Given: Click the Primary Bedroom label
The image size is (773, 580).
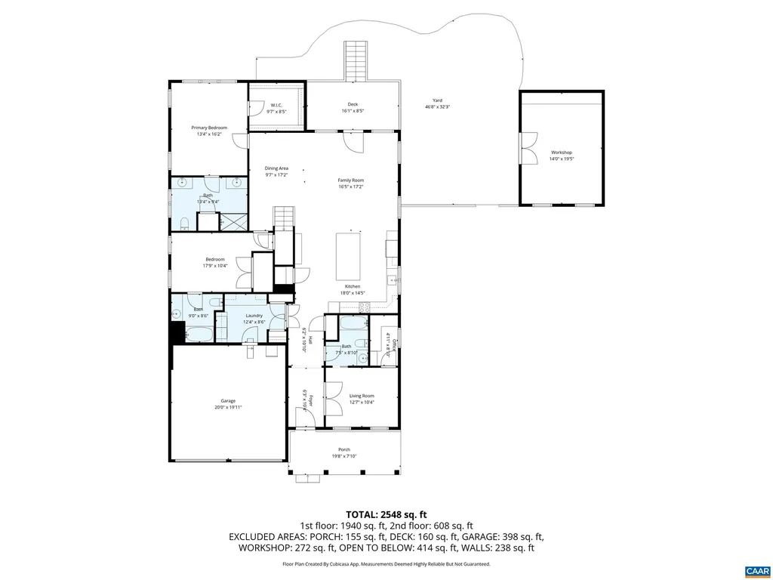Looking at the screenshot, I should [x=208, y=128].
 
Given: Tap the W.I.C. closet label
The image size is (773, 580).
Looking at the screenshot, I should [x=276, y=105].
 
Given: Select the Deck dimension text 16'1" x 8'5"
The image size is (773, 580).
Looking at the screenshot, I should [x=353, y=111].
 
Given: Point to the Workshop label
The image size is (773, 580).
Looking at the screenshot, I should [x=561, y=153].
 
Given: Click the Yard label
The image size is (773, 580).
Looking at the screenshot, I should [x=437, y=100].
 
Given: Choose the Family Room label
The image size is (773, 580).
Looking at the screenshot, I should [x=350, y=180].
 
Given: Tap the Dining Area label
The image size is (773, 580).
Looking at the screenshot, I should [x=276, y=168].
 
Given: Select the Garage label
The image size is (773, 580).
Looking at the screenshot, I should [x=228, y=401].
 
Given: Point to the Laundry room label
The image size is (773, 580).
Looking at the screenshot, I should [x=253, y=316].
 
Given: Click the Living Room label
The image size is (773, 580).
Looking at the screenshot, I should [x=362, y=396].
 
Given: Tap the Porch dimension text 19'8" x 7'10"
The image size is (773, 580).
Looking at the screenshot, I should [x=343, y=456].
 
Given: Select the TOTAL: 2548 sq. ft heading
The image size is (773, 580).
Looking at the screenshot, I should [x=386, y=514].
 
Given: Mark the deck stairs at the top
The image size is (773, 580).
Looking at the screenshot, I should [x=356, y=60].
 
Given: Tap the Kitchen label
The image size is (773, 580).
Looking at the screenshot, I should [x=353, y=286].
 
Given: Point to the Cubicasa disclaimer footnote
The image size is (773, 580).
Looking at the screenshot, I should [x=386, y=564].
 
